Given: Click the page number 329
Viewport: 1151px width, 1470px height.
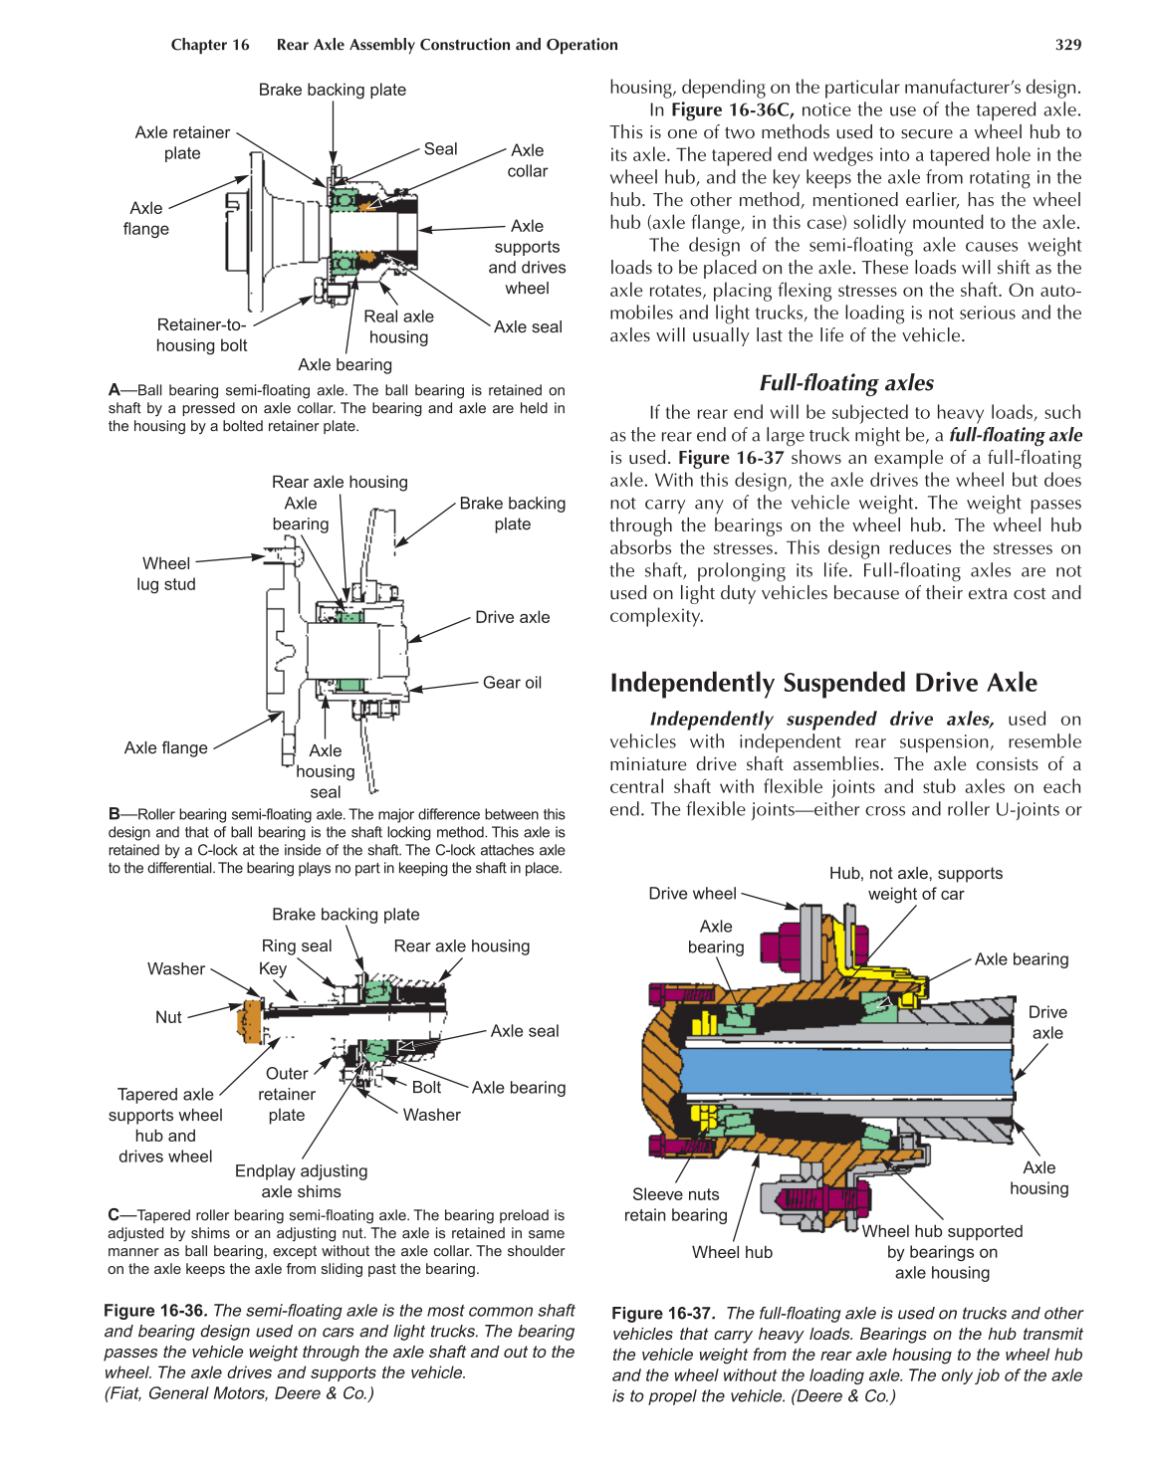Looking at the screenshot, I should point(1067,45).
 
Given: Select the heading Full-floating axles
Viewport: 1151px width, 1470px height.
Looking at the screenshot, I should point(845,383).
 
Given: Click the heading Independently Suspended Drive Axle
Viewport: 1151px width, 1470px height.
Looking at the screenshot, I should point(822,683).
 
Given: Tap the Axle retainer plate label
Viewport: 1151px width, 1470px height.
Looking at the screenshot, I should point(182,142).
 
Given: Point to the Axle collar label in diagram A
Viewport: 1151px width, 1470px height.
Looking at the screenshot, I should point(527,160).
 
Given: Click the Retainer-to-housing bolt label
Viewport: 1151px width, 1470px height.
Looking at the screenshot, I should point(201,335).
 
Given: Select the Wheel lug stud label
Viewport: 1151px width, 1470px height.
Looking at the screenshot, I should point(166,574).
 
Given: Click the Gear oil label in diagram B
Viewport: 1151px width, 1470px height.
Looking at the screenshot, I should point(512,683).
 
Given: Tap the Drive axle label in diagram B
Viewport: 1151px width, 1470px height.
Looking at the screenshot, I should point(512,617).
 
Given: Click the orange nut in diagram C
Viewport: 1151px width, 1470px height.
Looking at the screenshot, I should point(249,1021).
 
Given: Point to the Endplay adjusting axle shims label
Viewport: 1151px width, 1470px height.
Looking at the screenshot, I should point(301,1181).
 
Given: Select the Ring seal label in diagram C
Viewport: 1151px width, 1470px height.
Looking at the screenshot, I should point(297,946).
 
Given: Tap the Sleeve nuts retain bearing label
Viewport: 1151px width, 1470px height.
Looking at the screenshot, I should point(675,1204).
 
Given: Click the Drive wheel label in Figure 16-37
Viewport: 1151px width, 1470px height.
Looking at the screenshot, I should point(692,894).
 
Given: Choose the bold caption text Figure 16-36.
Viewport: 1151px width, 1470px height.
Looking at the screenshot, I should point(155,1311).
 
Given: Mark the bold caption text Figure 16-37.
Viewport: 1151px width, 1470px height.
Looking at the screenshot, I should point(662,1314).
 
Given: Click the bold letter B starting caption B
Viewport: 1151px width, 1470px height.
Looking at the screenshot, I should point(114,814).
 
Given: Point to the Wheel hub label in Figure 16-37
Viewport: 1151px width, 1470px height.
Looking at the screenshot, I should point(732,1252).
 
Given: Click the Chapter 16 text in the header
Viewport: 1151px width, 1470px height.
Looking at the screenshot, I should point(210,45).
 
